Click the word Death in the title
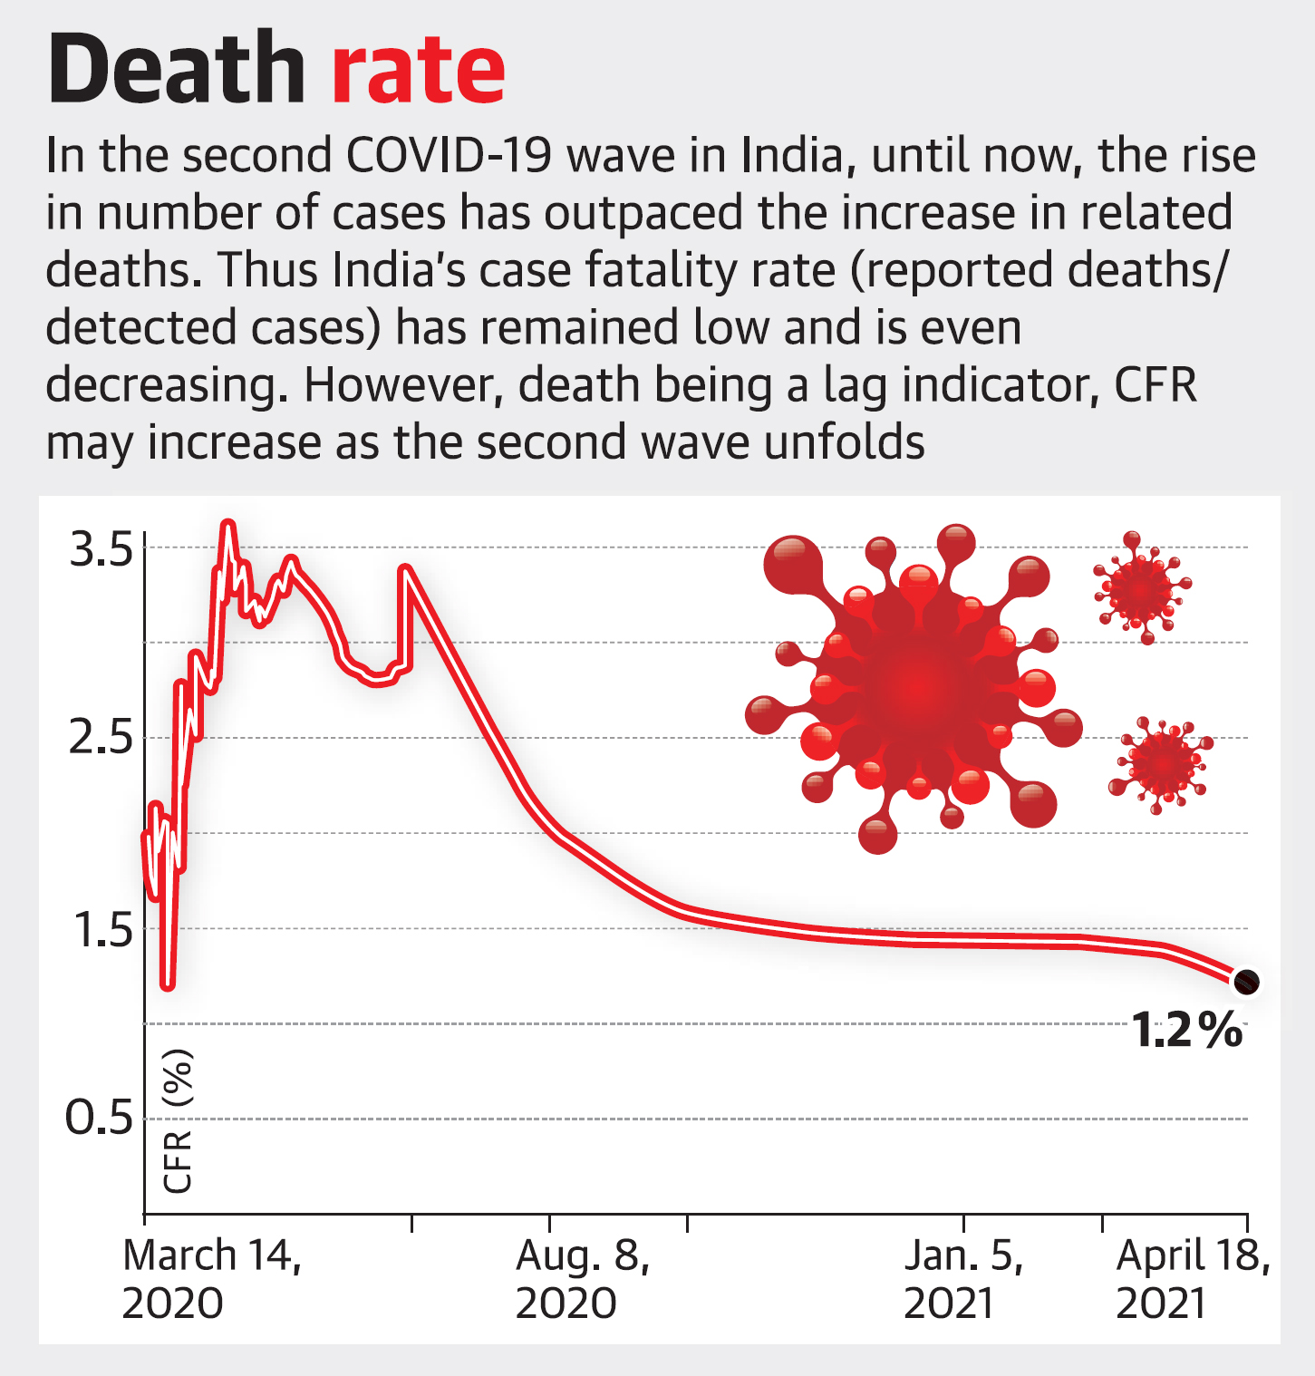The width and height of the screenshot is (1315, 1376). pos(177,70)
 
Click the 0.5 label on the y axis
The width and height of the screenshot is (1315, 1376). pos(100,1119)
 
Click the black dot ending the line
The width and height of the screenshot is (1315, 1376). pos(1247,982)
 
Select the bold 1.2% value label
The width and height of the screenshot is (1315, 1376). pos(1187,1031)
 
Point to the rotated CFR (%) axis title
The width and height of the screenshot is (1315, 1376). pos(178,1120)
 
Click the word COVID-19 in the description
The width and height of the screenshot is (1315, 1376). pos(449,156)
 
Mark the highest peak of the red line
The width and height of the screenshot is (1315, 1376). pos(228,525)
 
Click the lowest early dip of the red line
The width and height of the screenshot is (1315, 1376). pos(167,984)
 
